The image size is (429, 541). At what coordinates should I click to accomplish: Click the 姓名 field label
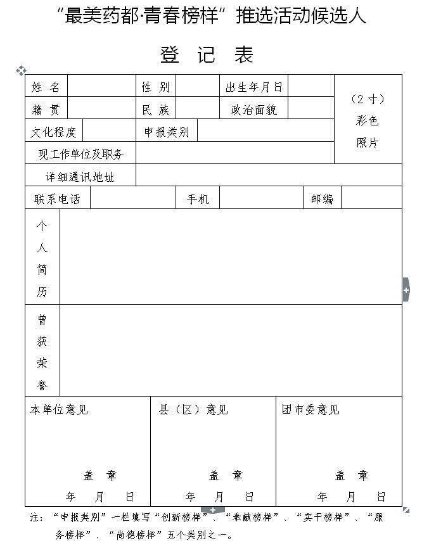click(x=46, y=87)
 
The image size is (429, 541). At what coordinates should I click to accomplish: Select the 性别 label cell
click(x=155, y=87)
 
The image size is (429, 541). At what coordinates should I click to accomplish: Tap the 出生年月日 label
click(x=253, y=87)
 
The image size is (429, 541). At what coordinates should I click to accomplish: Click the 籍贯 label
click(x=46, y=110)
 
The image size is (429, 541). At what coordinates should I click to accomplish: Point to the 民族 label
click(x=155, y=110)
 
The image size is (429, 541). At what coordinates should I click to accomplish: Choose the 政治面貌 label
click(x=253, y=110)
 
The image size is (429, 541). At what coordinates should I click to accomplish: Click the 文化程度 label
click(x=54, y=132)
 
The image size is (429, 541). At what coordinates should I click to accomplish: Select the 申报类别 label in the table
click(x=167, y=132)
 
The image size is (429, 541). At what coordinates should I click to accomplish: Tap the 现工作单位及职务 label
click(x=80, y=153)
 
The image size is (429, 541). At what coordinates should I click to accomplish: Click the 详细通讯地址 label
click(x=80, y=176)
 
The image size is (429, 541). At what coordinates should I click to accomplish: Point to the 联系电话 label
click(x=57, y=199)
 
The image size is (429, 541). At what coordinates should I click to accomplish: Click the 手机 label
click(x=197, y=199)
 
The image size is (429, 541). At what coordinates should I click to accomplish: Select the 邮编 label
click(x=322, y=199)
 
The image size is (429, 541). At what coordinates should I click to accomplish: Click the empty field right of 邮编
click(x=371, y=198)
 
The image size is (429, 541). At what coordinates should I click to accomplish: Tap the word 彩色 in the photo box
click(x=368, y=120)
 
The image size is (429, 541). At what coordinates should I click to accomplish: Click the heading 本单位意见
click(x=59, y=410)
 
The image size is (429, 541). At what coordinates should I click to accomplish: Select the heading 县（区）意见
click(x=193, y=410)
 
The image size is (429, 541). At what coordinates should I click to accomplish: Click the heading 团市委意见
click(x=311, y=410)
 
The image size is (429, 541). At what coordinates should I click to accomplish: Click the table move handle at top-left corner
click(x=20, y=70)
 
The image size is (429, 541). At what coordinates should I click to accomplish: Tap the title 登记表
click(x=207, y=55)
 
